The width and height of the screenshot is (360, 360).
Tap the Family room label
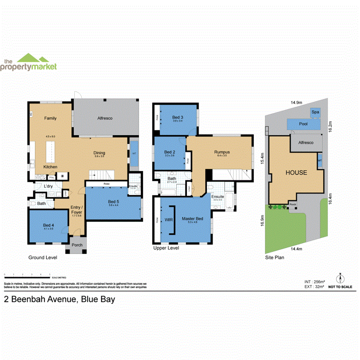pyautogui.click(x=50, y=118)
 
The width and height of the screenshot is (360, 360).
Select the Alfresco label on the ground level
pyautogui.click(x=105, y=118)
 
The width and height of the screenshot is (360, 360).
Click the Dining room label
pyautogui.click(x=99, y=153)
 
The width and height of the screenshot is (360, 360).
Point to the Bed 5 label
pyautogui.click(x=114, y=202)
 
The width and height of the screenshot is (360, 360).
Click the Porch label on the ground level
pyautogui.click(x=77, y=245)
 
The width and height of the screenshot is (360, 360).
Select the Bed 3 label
pyautogui.click(x=178, y=116)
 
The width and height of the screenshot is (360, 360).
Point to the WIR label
pyautogui.click(x=168, y=219)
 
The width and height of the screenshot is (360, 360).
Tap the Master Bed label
pyautogui.click(x=193, y=219)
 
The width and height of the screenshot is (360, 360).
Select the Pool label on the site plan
pyautogui.click(x=303, y=124)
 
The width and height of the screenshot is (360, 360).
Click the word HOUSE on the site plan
pyautogui.click(x=296, y=173)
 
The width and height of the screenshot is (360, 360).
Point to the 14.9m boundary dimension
pyautogui.click(x=296, y=103)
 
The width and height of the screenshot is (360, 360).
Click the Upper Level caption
pyautogui.click(x=166, y=248)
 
